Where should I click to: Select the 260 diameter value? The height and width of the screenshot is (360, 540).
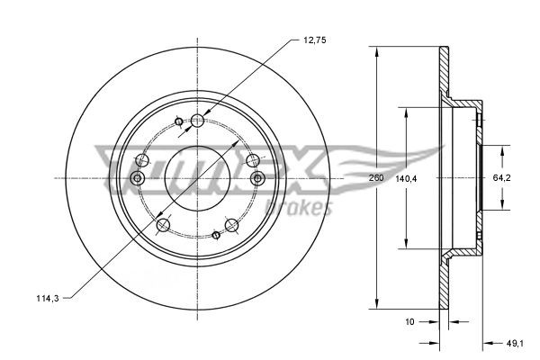coord(377,177)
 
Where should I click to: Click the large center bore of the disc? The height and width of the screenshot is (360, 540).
coord(196,177)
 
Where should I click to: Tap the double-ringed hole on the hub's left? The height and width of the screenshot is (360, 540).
coord(138,178)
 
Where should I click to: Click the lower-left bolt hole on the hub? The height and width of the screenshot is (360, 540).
coord(163,224)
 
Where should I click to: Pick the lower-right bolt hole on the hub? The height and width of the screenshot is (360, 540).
coord(231,224)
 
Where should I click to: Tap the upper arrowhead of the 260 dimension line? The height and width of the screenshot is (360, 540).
coord(375,49)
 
